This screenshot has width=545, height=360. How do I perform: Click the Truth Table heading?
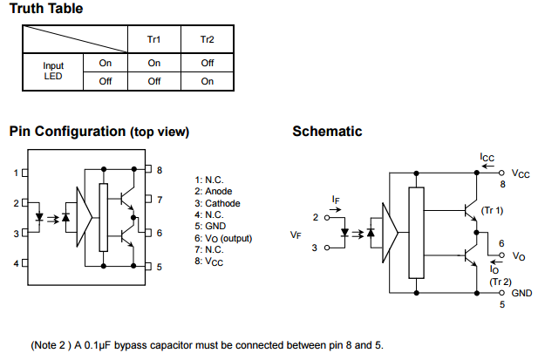point(46,9)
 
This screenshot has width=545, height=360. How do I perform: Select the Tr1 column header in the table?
point(153,40)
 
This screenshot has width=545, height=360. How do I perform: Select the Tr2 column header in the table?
point(207,40)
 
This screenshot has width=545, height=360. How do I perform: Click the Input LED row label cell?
point(52,71)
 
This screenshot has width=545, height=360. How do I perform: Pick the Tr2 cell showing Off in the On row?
point(207,63)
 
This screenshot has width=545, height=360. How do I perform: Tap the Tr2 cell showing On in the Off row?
point(207,81)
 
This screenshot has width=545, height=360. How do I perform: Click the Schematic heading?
point(327,132)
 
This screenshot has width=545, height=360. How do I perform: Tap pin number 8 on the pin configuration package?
point(160,169)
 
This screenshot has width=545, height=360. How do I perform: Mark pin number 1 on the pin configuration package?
point(15,173)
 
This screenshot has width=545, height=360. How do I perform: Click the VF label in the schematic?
point(296,234)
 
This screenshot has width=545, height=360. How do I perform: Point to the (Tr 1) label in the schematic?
point(493,211)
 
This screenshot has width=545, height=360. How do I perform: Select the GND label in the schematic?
point(522,294)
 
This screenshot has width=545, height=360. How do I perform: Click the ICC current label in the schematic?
point(487,158)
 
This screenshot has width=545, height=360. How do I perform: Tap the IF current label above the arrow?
point(336,200)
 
